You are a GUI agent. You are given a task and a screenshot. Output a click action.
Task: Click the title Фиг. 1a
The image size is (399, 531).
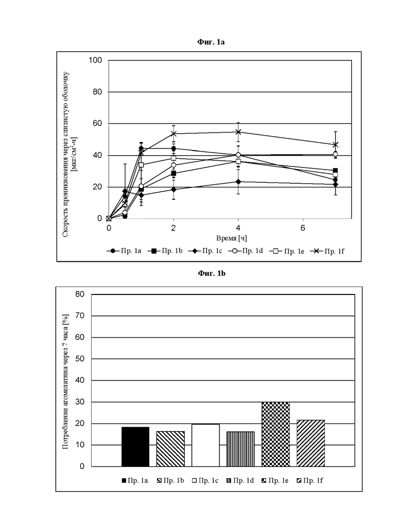[211, 42]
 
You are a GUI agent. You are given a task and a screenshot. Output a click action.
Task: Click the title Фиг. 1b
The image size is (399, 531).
[211, 273]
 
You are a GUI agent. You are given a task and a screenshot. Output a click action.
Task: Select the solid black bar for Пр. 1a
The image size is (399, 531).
[136, 447]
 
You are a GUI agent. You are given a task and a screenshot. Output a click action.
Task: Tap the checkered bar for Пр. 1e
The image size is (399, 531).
[276, 434]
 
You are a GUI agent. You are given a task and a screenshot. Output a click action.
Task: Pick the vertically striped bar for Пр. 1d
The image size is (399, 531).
[240, 449]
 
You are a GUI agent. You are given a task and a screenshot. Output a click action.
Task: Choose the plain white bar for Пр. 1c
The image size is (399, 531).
[206, 445]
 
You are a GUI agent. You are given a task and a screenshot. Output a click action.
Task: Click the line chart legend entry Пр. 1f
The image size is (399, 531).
[327, 251]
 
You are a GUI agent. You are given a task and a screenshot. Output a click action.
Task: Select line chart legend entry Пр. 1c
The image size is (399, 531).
[205, 251]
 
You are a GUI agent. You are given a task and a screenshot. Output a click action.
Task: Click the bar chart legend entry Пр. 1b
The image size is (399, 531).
[170, 480]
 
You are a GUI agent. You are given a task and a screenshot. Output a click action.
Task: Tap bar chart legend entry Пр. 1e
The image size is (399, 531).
[275, 480]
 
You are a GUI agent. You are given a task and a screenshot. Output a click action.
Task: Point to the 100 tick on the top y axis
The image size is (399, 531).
[95, 60]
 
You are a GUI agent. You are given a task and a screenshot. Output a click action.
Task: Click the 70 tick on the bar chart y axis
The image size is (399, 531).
[80, 315]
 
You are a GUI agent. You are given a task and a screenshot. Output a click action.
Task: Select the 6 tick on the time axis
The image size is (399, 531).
[303, 228]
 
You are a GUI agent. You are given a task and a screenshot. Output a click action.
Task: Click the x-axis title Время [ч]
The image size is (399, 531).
[232, 239]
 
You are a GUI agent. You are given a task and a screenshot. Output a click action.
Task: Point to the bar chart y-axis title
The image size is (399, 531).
[65, 382]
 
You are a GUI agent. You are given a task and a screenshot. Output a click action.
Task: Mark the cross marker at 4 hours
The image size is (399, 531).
[238, 132]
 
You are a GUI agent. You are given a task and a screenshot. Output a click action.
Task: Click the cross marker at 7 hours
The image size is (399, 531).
[336, 144]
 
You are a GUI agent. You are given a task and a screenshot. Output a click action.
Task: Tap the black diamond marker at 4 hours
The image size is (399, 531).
[238, 181]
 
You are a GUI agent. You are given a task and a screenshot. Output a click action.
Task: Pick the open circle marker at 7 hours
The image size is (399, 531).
[336, 154]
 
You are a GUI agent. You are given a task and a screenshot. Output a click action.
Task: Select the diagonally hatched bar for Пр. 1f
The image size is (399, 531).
[311, 443]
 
